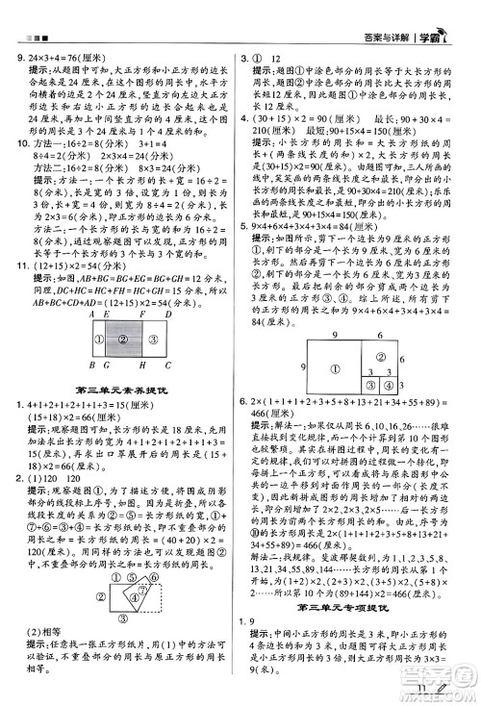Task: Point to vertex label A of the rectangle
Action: click(91, 314)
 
